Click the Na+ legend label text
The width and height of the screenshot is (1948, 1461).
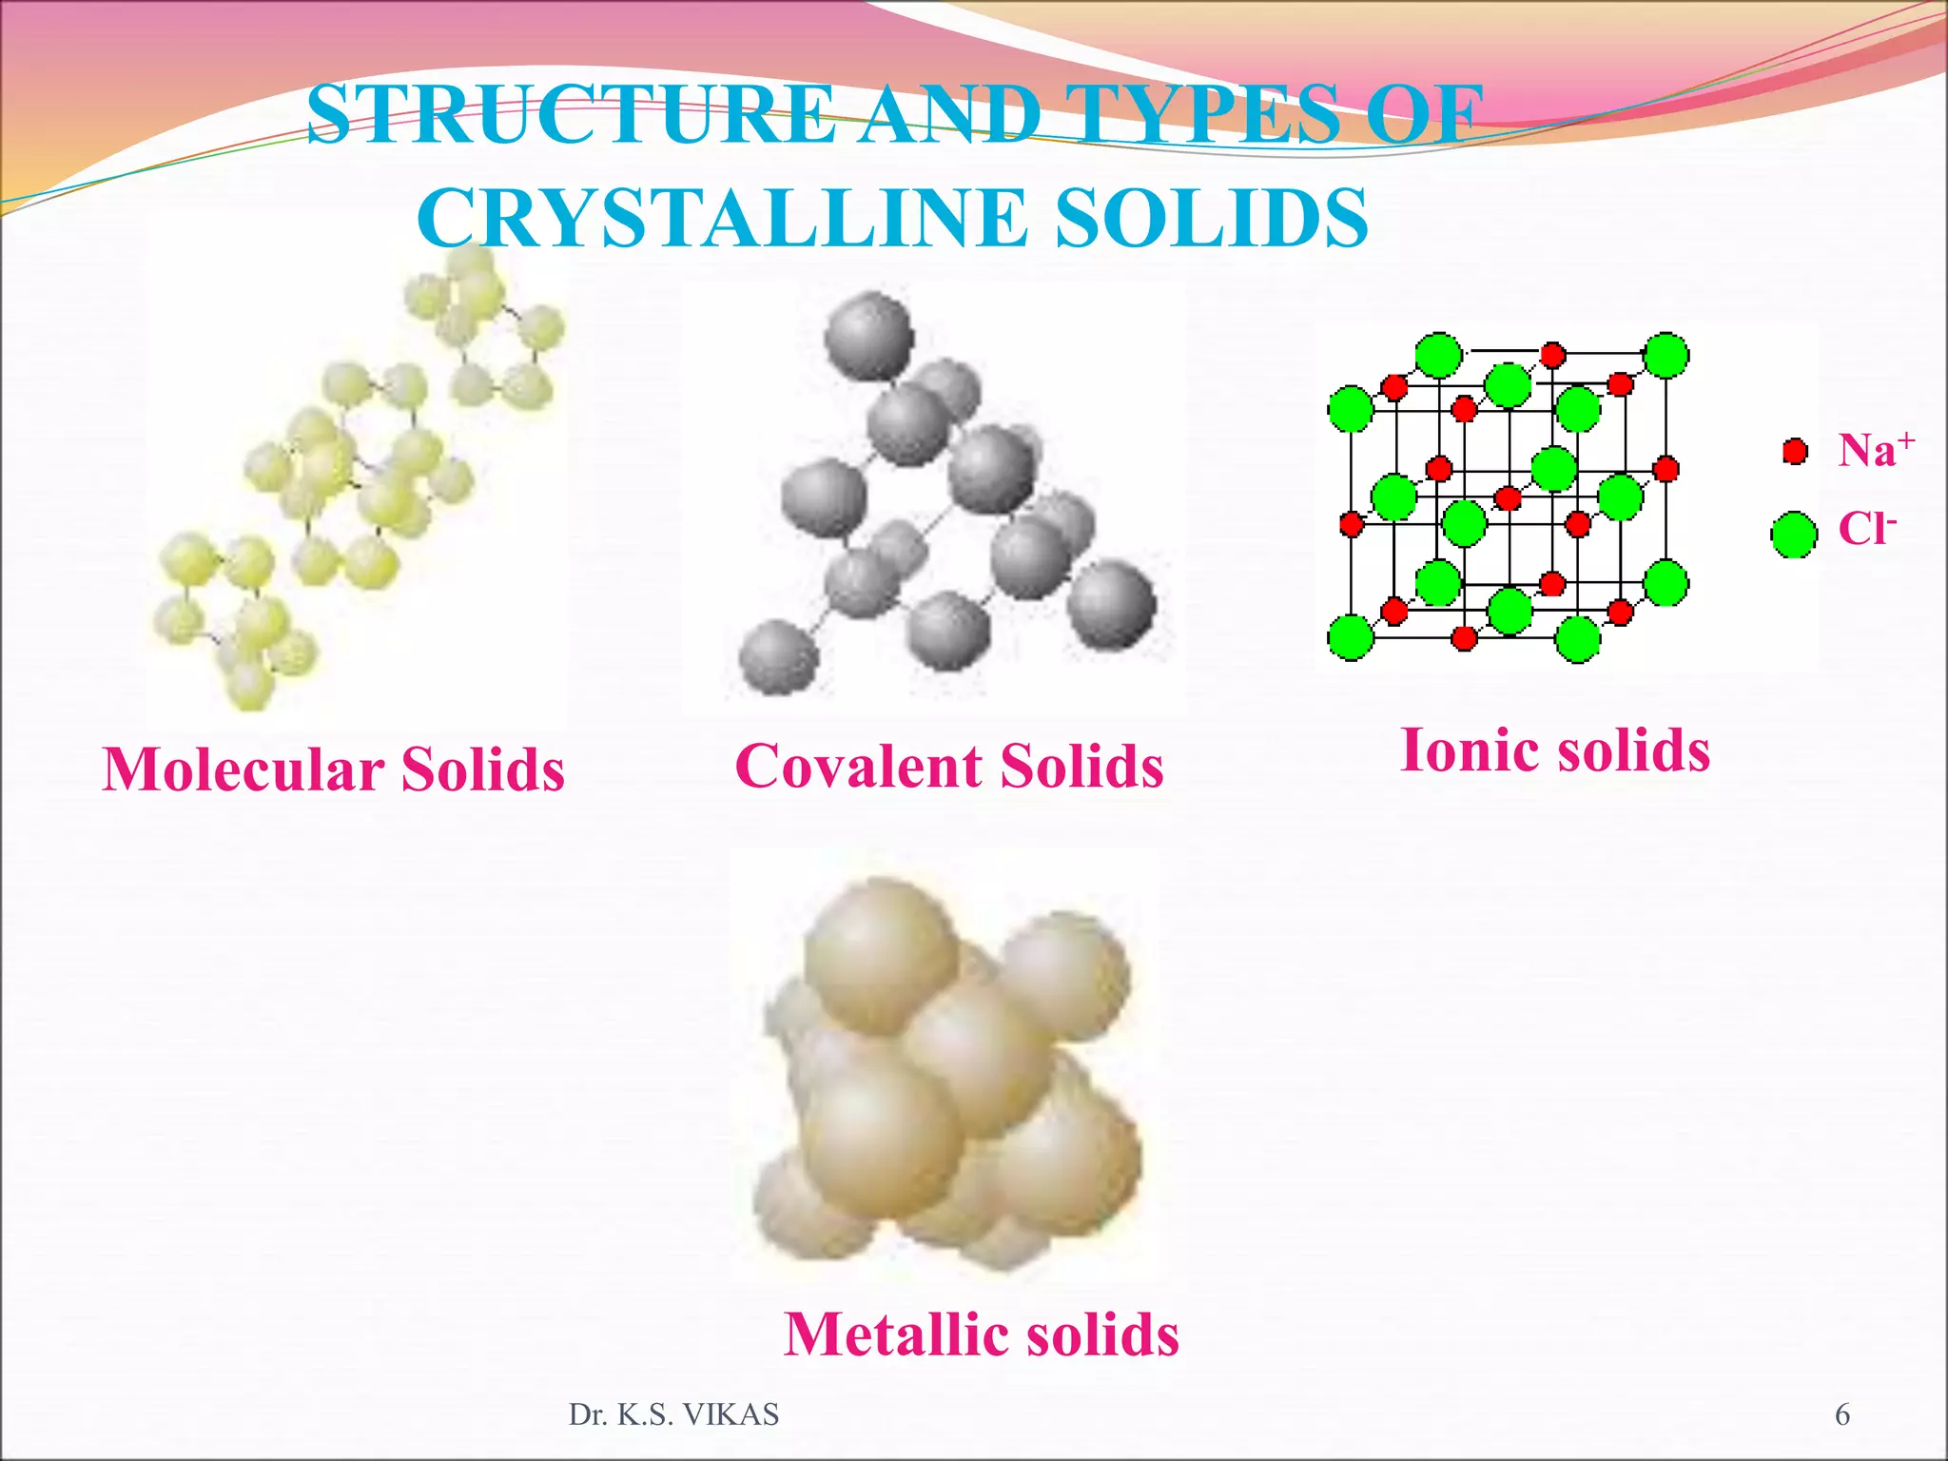tap(1875, 450)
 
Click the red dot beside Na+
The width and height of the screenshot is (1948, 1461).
tap(1795, 451)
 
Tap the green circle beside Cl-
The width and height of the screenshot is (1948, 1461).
tap(1794, 535)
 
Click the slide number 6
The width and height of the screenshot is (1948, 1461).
tap(1842, 1415)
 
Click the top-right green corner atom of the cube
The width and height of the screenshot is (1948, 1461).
tap(1666, 356)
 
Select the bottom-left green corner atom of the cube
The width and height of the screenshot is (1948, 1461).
tap(1351, 636)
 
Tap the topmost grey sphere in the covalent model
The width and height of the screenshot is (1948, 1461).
tap(868, 335)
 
